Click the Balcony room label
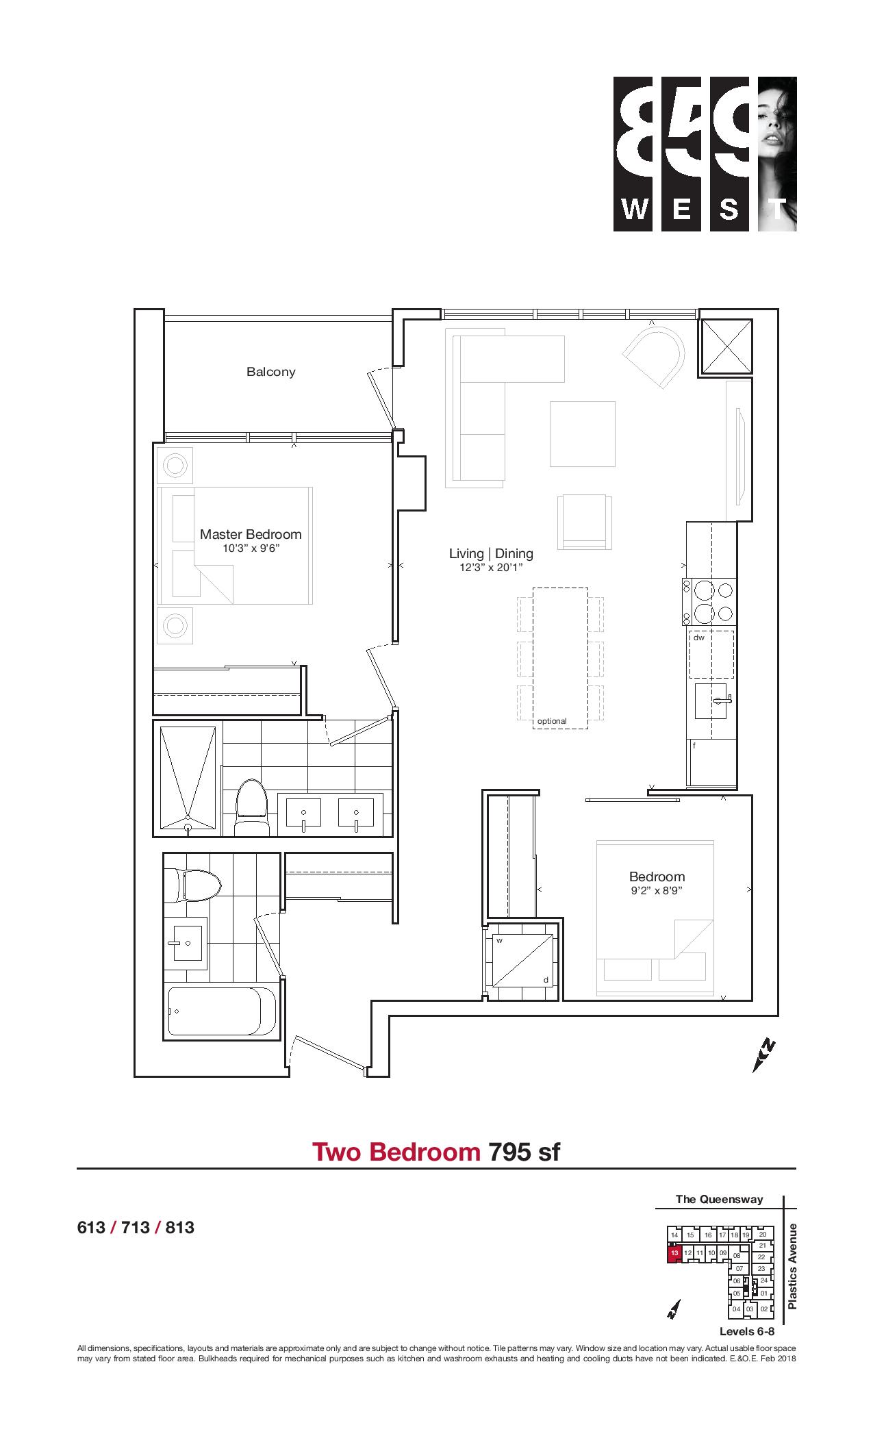270,372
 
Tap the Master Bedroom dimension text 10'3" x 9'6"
251,549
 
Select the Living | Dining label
491,553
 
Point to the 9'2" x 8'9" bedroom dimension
657,891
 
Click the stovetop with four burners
709,602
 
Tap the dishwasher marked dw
711,654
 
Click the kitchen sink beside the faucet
711,701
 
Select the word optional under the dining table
552,721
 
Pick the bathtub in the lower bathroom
223,1011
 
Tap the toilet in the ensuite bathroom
251,808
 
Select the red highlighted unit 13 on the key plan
674,1252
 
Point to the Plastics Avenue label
793,1266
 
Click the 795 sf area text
524,1152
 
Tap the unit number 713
136,1228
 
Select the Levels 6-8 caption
747,1331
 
